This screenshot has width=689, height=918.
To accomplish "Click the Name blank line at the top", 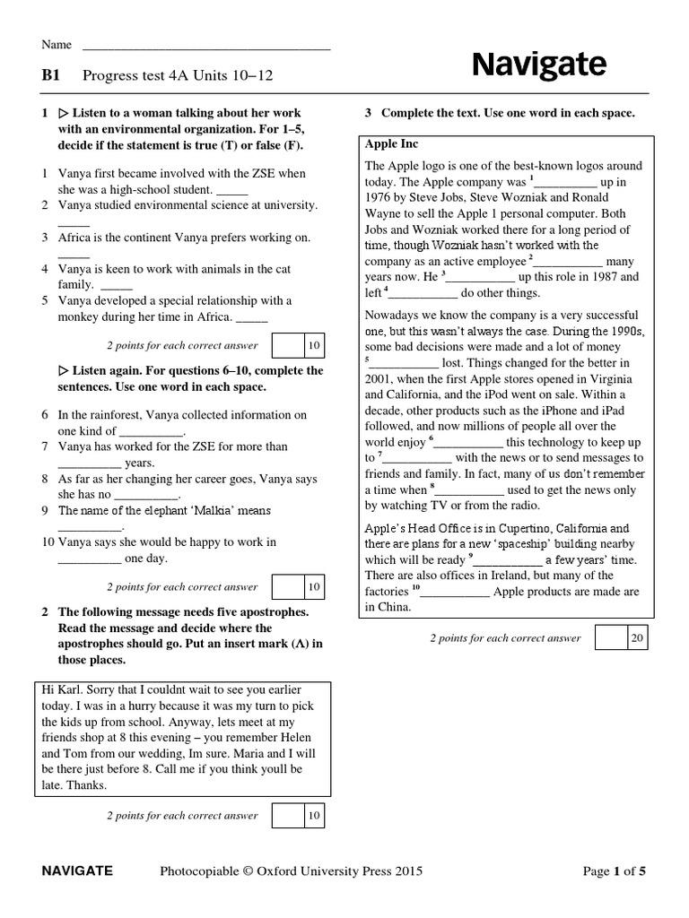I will pos(206,45).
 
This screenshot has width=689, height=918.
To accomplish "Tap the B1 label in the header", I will pos(50,76).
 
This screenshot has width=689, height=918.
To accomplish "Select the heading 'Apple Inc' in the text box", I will pos(391,143).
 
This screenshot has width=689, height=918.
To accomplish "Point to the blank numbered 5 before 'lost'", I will pos(404,363).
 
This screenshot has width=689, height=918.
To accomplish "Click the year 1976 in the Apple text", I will pos(379,197).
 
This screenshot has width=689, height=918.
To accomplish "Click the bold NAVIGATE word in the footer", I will pos(77,870).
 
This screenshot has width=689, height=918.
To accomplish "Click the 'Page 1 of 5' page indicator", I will pos(614,870).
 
